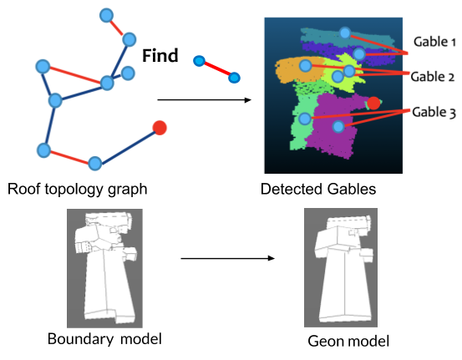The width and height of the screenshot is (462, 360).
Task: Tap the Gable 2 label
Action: (434, 76)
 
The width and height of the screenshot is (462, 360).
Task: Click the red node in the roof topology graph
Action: (160, 128)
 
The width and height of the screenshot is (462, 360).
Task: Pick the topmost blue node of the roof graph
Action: (106, 14)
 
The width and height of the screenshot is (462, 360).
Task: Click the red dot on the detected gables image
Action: (374, 103)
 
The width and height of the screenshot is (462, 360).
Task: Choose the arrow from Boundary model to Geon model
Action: (227, 258)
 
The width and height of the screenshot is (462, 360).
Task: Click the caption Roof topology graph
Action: (78, 189)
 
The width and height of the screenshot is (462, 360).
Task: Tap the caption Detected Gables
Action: (318, 189)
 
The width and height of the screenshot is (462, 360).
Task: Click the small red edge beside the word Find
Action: (216, 69)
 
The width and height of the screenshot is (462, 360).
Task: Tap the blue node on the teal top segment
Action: (345, 33)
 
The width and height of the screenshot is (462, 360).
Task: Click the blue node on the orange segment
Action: (306, 65)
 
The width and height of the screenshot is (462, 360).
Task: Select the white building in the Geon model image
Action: (338, 267)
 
